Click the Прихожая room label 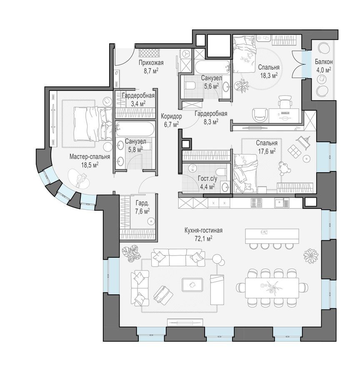(x=151, y=63)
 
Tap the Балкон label (x=324, y=62)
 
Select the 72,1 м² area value (x=203, y=238)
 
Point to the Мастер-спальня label (x=90, y=156)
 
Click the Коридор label (x=171, y=116)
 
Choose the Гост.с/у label (x=207, y=179)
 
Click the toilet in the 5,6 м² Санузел (x=190, y=85)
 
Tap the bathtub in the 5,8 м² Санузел (x=135, y=128)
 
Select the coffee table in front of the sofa (x=192, y=284)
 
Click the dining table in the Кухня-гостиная (x=272, y=288)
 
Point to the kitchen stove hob (x=257, y=203)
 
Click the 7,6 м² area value (x=142, y=211)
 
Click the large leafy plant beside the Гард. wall (x=131, y=253)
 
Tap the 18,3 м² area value (x=269, y=75)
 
